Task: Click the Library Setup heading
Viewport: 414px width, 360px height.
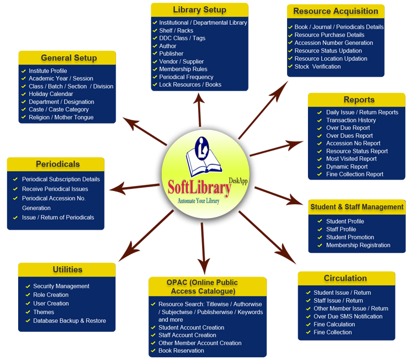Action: [x=199, y=10]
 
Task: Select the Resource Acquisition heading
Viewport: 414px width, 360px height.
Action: [x=336, y=11]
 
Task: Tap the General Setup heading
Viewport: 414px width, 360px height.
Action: [x=68, y=58]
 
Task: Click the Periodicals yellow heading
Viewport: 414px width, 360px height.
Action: [x=57, y=164]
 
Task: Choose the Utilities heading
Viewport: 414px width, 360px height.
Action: [x=67, y=269]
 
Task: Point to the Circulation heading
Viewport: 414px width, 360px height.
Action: [x=345, y=278]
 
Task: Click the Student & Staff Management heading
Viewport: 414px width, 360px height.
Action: [x=357, y=207]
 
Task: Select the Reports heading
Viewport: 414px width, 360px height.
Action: [x=359, y=100]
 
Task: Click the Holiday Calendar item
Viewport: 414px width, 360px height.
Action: [x=51, y=94]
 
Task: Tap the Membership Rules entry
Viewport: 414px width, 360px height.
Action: [x=183, y=69]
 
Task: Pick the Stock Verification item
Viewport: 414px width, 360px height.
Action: [x=317, y=66]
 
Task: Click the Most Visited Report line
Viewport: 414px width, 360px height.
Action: [x=351, y=158]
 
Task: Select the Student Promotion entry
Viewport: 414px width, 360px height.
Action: [x=350, y=237]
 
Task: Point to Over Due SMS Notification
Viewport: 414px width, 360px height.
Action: [x=348, y=316]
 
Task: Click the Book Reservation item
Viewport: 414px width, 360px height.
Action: [x=181, y=351]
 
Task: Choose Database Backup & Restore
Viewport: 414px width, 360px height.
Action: [x=70, y=320]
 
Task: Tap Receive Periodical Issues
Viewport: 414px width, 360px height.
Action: [x=55, y=189]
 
